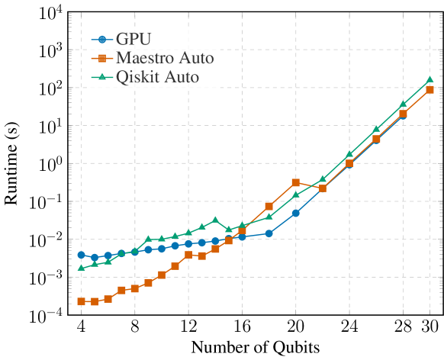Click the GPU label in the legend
pos(135,39)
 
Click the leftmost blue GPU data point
pos(81,255)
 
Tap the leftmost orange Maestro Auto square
pos(81,302)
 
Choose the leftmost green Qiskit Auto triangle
pos(81,268)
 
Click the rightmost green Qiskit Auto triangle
pos(430,79)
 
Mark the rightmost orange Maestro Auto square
pos(430,89)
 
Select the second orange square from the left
pos(95,301)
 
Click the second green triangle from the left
pos(95,264)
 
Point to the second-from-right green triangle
pos(404,104)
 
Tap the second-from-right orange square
pos(404,114)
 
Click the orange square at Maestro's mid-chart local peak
pos(296,182)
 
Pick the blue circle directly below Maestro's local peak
pos(296,213)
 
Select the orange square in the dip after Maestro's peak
pos(323,188)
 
